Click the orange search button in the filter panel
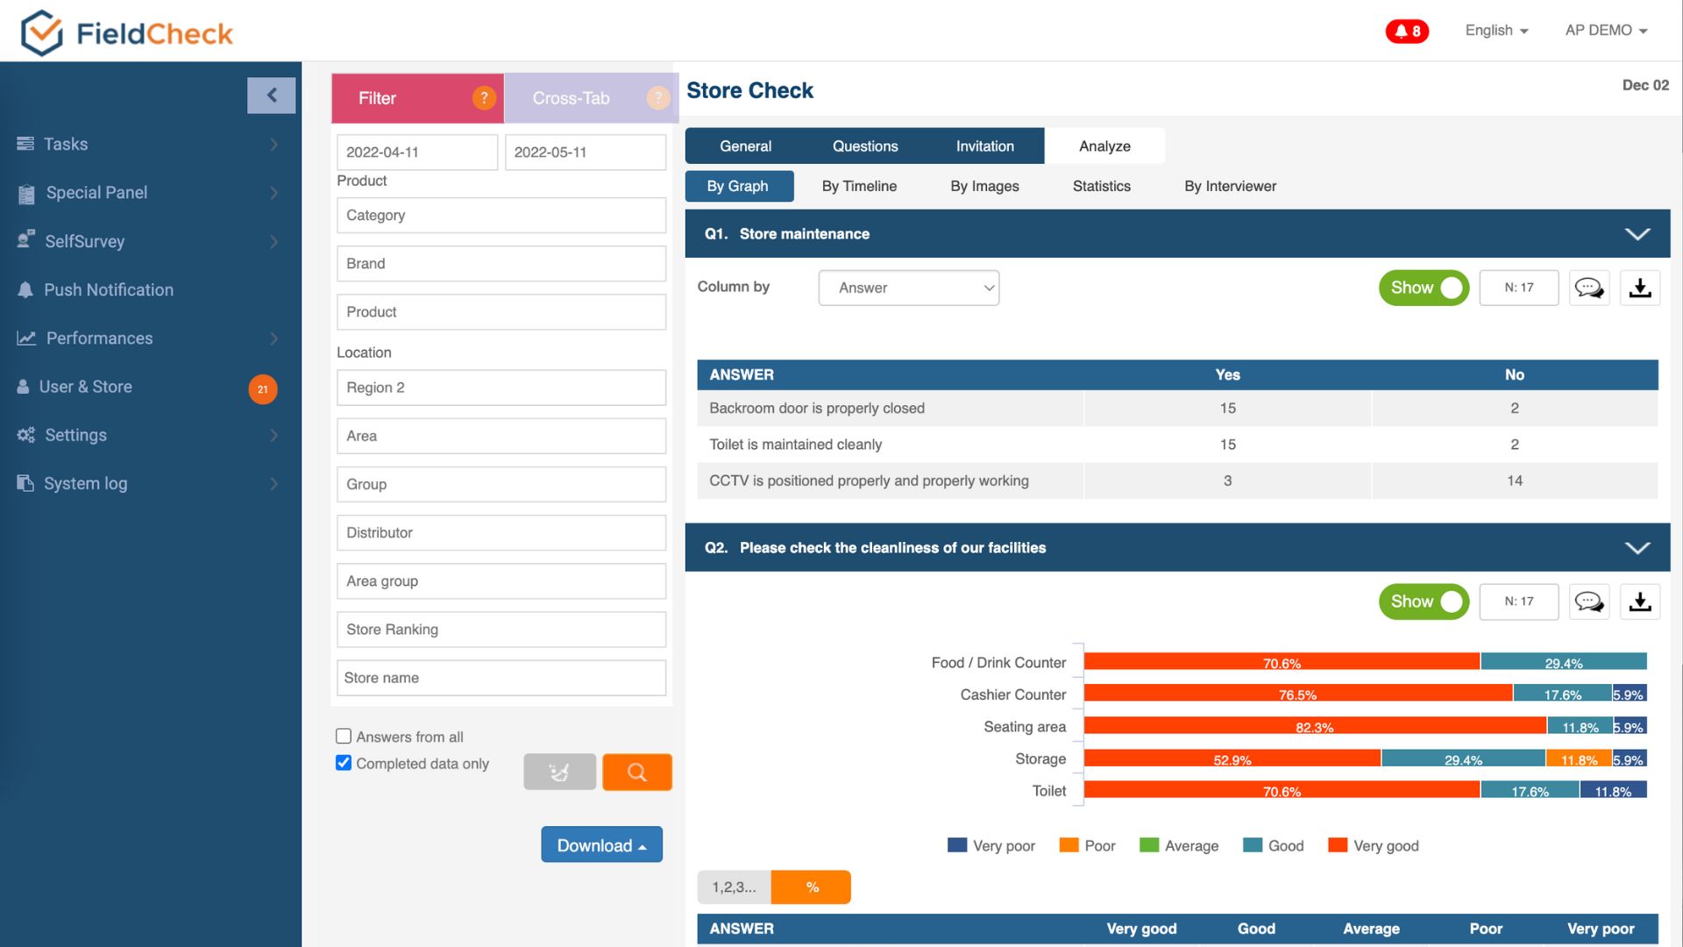[637, 772]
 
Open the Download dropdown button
[601, 844]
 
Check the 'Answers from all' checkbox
[344, 737]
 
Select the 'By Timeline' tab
[859, 186]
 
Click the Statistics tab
[1102, 186]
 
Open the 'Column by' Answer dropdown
[909, 288]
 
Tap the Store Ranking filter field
[501, 630]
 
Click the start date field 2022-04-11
[417, 152]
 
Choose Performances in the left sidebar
[99, 338]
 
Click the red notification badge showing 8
[1407, 32]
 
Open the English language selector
[1496, 31]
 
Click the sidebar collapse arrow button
[272, 96]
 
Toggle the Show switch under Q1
[1424, 288]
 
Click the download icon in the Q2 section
[1640, 602]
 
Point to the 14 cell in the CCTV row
[1515, 481]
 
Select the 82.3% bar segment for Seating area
[1315, 726]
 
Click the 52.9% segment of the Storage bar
[1232, 758]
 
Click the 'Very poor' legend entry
[991, 845]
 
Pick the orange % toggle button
[811, 886]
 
